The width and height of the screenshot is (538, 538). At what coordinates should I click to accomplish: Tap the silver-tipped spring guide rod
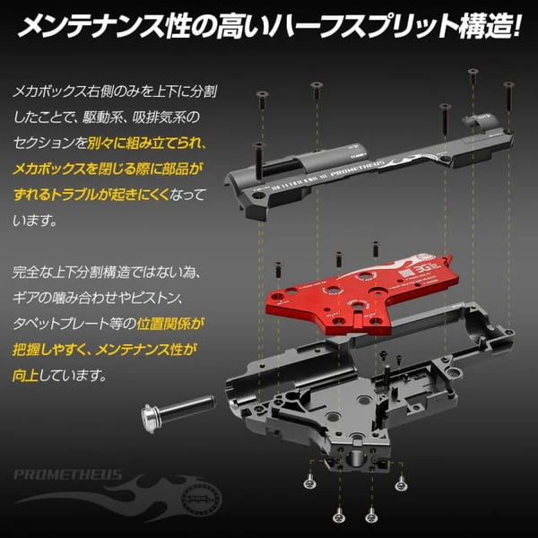point(175,408)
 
